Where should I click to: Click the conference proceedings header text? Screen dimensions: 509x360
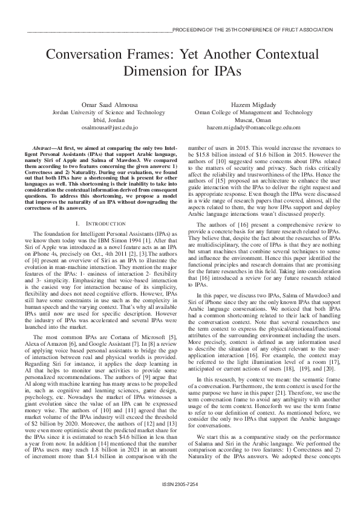pos(252,29)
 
